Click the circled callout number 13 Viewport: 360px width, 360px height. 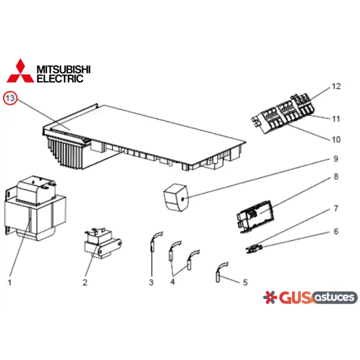click(x=10, y=98)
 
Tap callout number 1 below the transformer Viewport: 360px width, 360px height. click(x=9, y=283)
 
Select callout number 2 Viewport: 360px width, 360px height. click(x=85, y=283)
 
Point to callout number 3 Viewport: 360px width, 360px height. click(x=151, y=283)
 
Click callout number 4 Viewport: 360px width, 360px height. click(x=173, y=282)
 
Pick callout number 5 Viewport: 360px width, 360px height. click(x=245, y=283)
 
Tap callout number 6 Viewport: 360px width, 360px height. click(x=336, y=231)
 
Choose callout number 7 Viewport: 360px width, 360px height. click(x=336, y=208)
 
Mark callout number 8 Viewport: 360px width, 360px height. click(x=336, y=176)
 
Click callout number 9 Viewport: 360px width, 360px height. click(x=336, y=159)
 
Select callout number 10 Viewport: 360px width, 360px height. click(x=336, y=139)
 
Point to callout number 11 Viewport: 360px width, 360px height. click(x=336, y=119)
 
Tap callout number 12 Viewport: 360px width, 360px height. click(x=336, y=86)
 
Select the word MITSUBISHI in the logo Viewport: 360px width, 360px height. click(x=63, y=70)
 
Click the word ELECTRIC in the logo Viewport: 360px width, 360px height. click(x=60, y=78)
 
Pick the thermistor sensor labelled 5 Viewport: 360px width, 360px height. click(x=221, y=272)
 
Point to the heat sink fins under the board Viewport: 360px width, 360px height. click(x=65, y=153)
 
